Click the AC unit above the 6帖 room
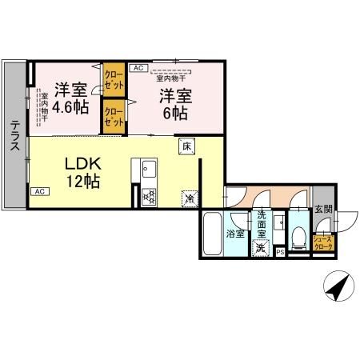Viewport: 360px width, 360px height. [x=138, y=69]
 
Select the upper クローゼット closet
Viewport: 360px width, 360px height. [x=113, y=79]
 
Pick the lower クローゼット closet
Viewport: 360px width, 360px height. [x=113, y=117]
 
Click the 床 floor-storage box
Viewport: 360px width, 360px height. [x=186, y=147]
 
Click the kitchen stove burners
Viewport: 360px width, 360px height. [x=148, y=195]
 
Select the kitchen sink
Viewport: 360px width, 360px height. [x=149, y=170]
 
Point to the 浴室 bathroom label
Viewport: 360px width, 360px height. [x=235, y=234]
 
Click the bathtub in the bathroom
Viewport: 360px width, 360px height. [x=213, y=234]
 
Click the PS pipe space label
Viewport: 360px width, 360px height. [x=279, y=253]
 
